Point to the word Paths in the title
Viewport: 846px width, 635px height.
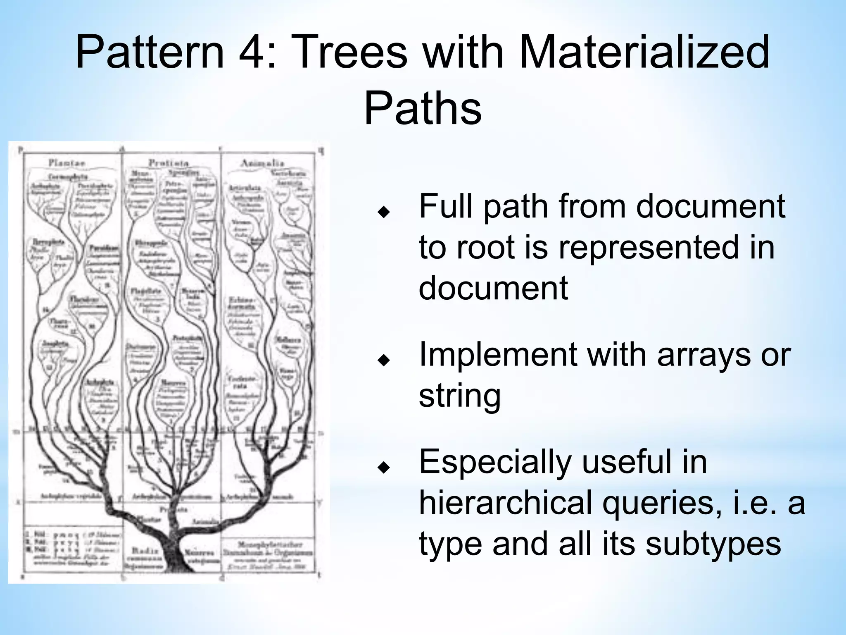point(423,108)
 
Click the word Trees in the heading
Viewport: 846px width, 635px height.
point(351,53)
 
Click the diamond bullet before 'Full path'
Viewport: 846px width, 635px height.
point(384,212)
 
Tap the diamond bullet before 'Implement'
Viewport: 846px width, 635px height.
point(384,360)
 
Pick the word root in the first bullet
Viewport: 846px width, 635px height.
point(483,247)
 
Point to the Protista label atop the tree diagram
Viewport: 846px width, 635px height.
point(169,162)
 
